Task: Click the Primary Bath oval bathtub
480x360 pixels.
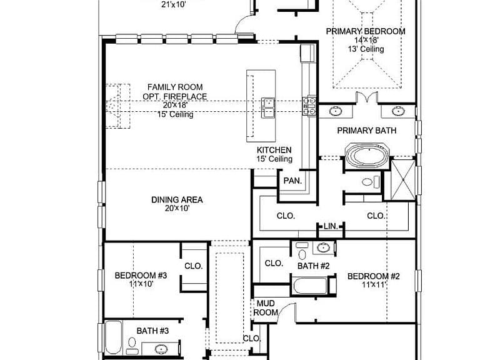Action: point(367,156)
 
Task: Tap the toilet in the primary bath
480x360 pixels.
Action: point(371,182)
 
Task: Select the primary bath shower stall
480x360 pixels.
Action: point(403,180)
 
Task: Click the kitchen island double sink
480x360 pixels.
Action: point(268,107)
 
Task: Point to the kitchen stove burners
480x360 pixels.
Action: point(309,106)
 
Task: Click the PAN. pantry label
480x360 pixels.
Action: point(292,181)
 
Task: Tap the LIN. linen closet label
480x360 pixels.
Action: point(331,226)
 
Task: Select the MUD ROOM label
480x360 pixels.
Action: point(266,308)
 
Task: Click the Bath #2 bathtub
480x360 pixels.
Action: point(310,286)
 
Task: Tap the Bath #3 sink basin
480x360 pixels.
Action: point(161,349)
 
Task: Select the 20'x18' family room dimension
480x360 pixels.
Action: point(175,105)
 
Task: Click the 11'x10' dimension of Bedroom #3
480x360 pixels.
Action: point(141,284)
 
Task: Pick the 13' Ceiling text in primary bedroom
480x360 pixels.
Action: point(366,49)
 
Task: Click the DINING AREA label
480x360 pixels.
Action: point(177,200)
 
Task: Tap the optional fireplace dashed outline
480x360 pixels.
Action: point(118,106)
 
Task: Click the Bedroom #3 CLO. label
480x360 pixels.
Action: point(194,266)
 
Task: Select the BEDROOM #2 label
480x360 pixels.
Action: point(374,276)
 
